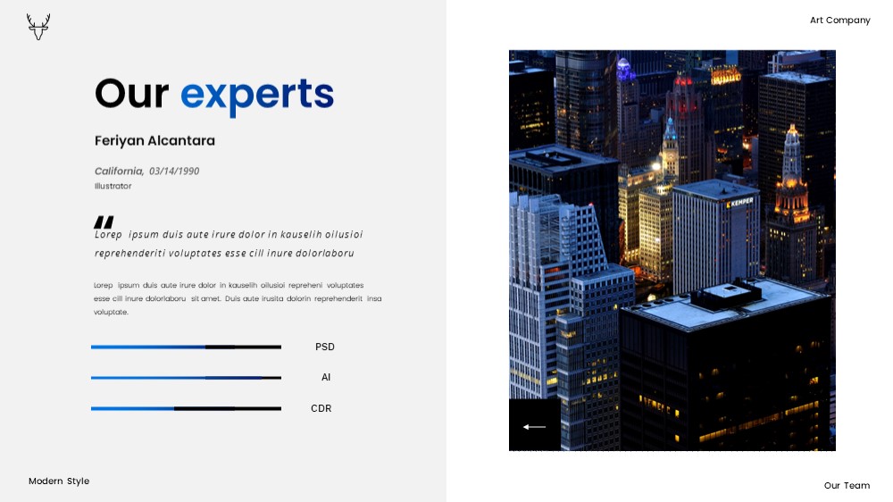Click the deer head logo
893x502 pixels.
pos(38,27)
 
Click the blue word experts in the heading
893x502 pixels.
pos(257,96)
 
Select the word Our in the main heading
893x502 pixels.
pos(131,94)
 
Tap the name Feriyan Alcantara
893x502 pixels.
pos(154,141)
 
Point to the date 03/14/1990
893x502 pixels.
pos(174,171)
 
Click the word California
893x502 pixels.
pos(119,171)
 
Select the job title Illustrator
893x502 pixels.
pos(113,186)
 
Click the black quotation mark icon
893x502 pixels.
pos(104,222)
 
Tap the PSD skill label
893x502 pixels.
pos(325,347)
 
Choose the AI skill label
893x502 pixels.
pos(326,377)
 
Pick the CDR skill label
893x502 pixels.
pos(321,408)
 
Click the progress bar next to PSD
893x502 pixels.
pos(187,347)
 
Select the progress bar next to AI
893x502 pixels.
pos(187,378)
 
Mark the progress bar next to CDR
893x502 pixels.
pos(187,408)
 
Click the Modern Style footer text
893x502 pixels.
pos(59,481)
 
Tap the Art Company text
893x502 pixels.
pos(840,21)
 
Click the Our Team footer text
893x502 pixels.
pos(847,486)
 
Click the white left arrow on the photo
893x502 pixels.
pos(534,427)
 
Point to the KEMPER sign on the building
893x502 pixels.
pos(739,202)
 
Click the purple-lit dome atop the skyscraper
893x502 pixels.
pos(624,70)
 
